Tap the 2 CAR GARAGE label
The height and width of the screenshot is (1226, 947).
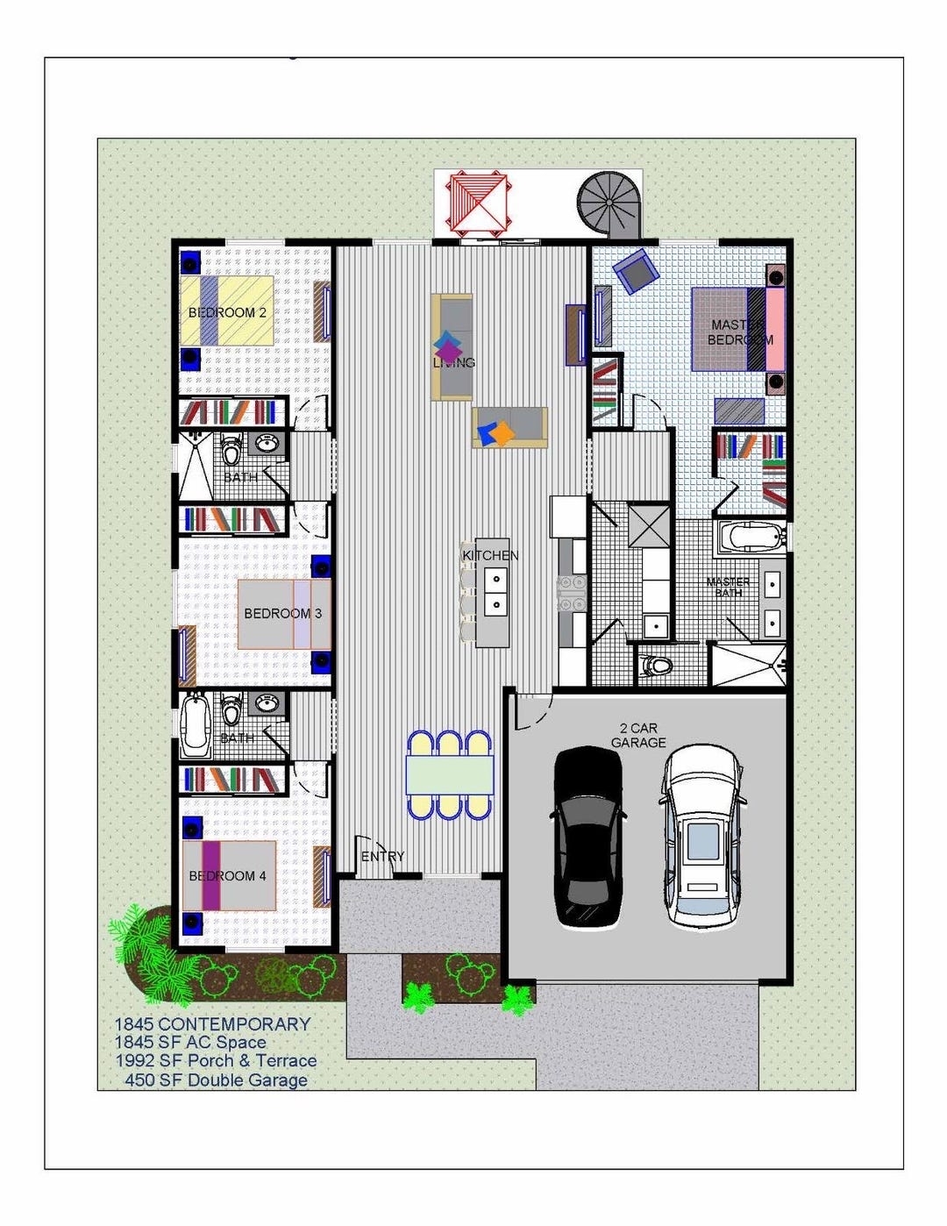coord(638,736)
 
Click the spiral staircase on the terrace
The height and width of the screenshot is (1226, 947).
coord(609,204)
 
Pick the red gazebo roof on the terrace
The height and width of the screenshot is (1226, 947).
coord(478,203)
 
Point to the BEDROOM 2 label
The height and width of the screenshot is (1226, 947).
coord(227,313)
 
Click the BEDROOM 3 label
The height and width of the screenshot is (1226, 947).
coord(282,614)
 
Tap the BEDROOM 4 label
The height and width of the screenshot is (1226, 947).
coord(227,876)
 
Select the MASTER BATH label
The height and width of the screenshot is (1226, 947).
coord(728,587)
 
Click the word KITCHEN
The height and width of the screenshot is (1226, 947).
coord(490,556)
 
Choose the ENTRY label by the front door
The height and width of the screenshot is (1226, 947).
coord(383,857)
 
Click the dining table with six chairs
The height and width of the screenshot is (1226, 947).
coord(449,775)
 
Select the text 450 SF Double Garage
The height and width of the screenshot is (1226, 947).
coord(216,1080)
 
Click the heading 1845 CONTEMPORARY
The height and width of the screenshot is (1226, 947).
coord(212,1024)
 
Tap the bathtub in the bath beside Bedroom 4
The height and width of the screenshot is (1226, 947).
coord(194,726)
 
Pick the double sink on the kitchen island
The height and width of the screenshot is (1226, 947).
coord(495,591)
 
